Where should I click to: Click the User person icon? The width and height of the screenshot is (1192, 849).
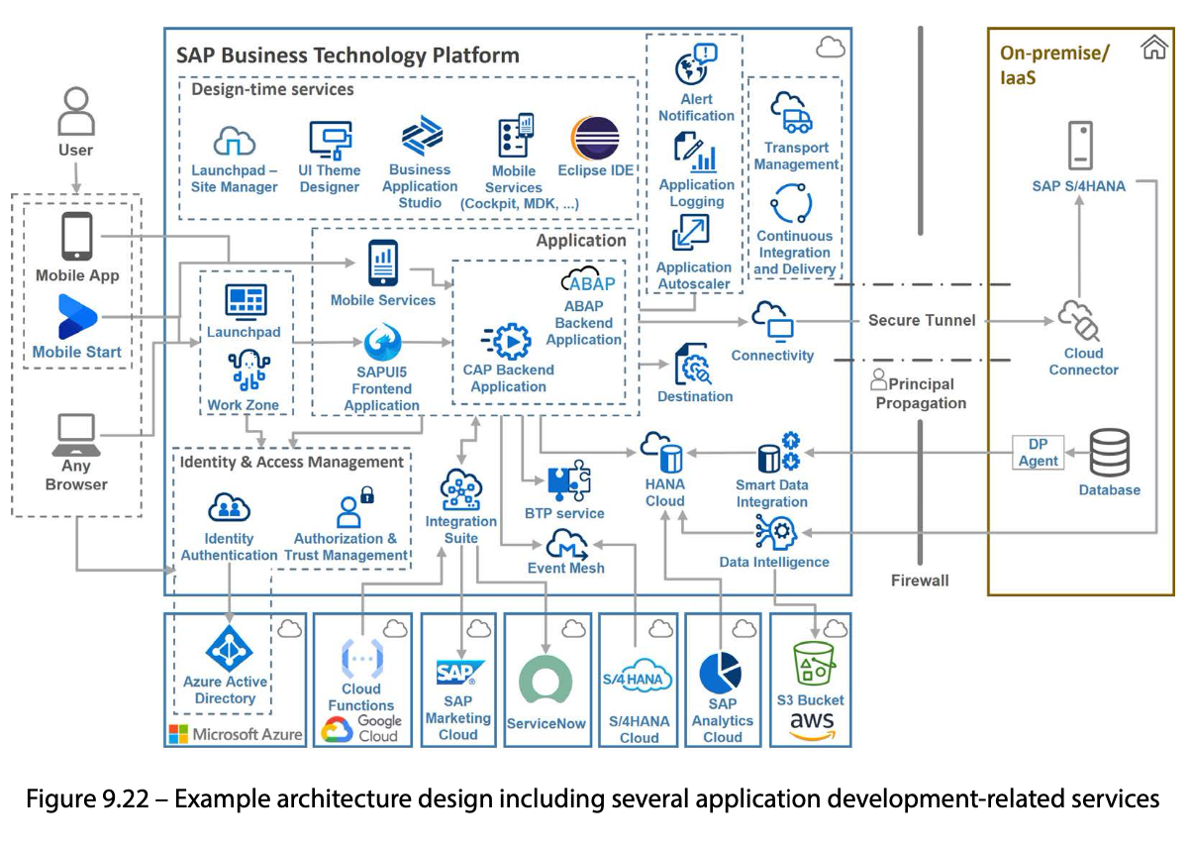[76, 112]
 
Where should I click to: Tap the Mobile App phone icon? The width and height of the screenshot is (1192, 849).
[76, 237]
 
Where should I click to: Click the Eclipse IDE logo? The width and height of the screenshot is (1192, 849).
[595, 138]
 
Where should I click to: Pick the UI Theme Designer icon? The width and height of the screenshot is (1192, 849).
[330, 140]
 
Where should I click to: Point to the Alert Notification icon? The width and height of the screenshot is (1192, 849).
[696, 65]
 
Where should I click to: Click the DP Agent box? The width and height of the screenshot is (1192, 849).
[1038, 453]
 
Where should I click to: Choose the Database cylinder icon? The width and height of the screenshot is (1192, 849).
[1110, 454]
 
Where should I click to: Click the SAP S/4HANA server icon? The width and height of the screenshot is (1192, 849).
[1079, 146]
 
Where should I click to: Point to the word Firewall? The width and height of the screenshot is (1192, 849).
[920, 581]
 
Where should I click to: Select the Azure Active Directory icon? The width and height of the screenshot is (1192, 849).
[229, 649]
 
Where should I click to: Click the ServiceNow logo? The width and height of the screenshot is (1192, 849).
[546, 681]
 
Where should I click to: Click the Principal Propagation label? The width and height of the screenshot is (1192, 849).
[920, 393]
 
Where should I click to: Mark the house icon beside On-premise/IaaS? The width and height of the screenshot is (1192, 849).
[1153, 47]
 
